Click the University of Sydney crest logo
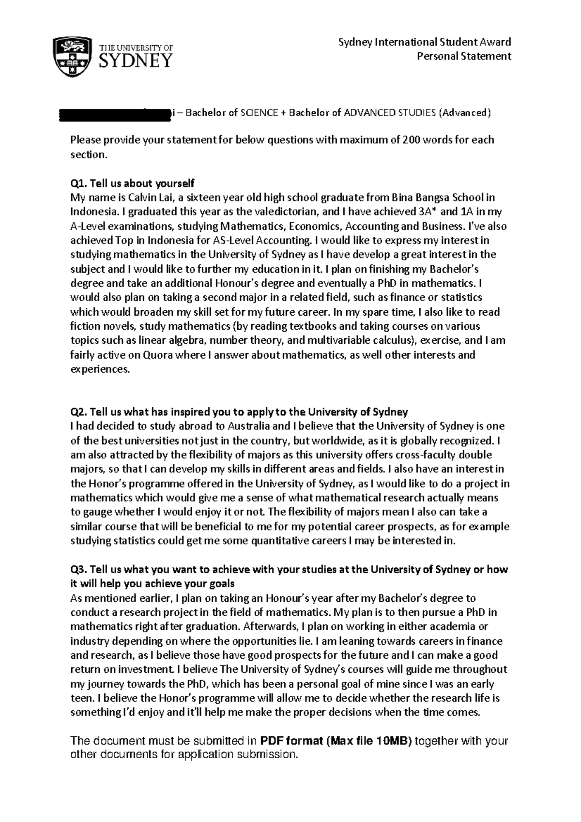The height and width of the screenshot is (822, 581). tap(73, 56)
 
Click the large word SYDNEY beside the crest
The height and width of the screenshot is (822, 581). tap(136, 61)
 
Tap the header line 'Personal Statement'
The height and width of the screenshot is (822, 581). tap(464, 56)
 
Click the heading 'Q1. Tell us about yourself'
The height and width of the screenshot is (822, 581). tap(132, 183)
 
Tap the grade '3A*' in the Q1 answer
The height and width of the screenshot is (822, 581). tap(430, 212)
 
